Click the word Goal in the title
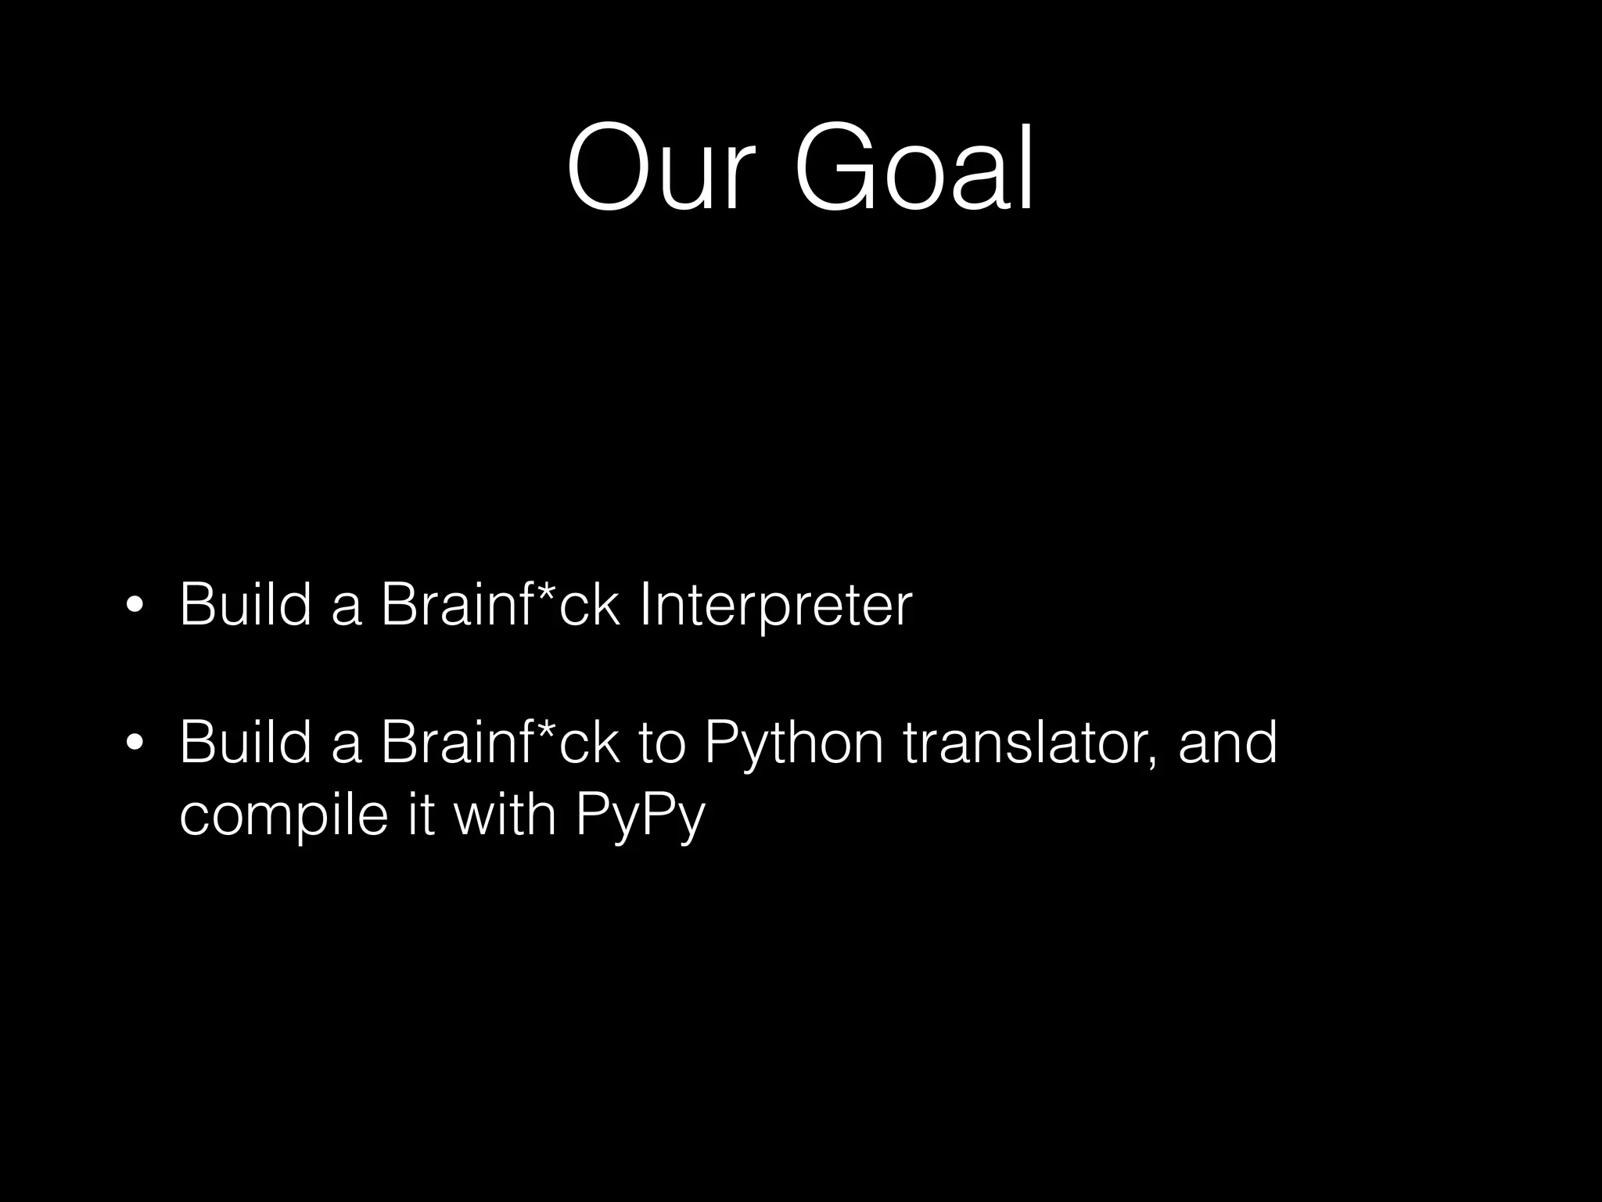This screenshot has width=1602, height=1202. (914, 167)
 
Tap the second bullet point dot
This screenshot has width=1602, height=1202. (135, 743)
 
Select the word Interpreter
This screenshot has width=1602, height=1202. (775, 605)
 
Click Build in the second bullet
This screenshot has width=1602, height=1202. (246, 741)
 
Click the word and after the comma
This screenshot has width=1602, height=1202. (1227, 742)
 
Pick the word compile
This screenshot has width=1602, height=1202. (283, 815)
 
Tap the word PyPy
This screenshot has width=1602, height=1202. (640, 815)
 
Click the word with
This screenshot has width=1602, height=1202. (505, 814)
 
